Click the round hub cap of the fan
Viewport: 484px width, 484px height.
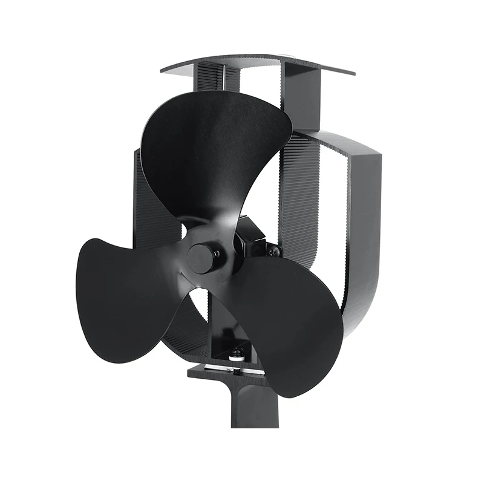point(201,258)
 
